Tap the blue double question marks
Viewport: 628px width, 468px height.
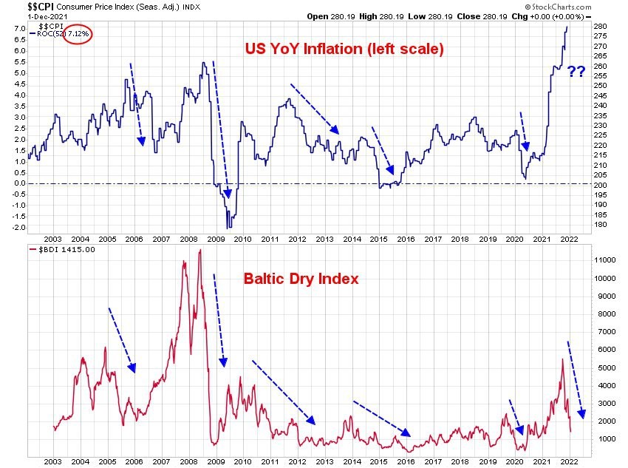coord(576,72)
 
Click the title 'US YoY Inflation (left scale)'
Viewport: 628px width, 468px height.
coord(344,50)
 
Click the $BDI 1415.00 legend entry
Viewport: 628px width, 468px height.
coord(55,251)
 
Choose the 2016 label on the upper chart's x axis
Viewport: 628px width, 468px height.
coord(406,240)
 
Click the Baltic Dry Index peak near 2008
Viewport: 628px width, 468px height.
coord(199,251)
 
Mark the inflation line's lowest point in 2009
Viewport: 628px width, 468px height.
coord(228,228)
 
